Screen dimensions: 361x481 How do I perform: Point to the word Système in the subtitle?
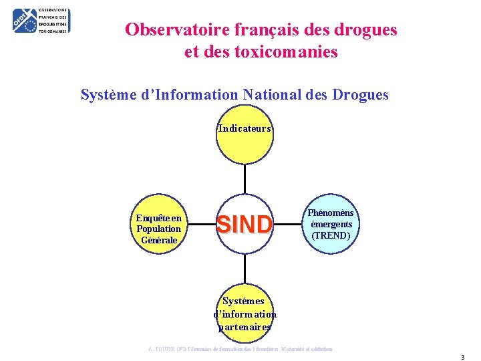[x=106, y=95]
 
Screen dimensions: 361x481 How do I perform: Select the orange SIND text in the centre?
[x=245, y=225]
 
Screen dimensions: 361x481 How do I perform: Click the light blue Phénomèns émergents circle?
[x=331, y=225]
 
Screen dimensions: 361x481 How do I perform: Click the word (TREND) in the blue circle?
[x=331, y=235]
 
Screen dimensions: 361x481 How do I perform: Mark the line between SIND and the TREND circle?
[x=289, y=225]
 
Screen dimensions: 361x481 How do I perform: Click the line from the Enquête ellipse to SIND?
[x=201, y=225]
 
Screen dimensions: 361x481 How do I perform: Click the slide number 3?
[x=462, y=357]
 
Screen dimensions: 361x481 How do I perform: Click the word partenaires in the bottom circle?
[x=245, y=327]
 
